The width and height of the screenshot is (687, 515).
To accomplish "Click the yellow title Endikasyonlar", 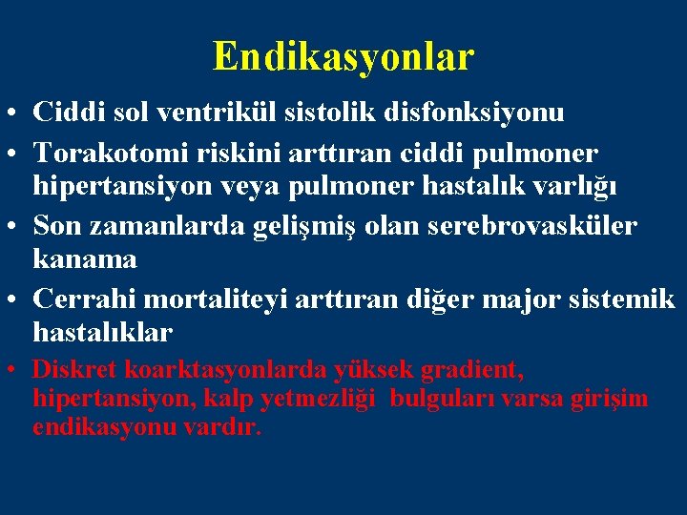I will (x=343, y=56).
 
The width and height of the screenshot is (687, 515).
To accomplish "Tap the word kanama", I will (x=85, y=258).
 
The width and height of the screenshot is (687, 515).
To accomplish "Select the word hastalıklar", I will (x=103, y=332).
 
